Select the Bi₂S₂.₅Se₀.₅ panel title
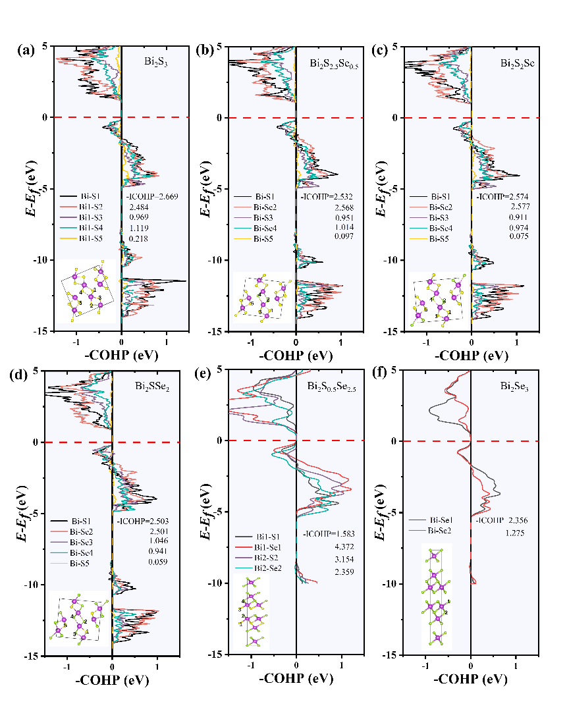tap(334, 63)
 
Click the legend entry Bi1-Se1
tap(266, 547)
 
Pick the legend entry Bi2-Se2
tap(265, 568)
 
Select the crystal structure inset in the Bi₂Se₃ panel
tap(437, 596)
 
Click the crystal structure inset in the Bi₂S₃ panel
tap(86, 291)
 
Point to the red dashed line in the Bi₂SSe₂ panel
tap(112, 442)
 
